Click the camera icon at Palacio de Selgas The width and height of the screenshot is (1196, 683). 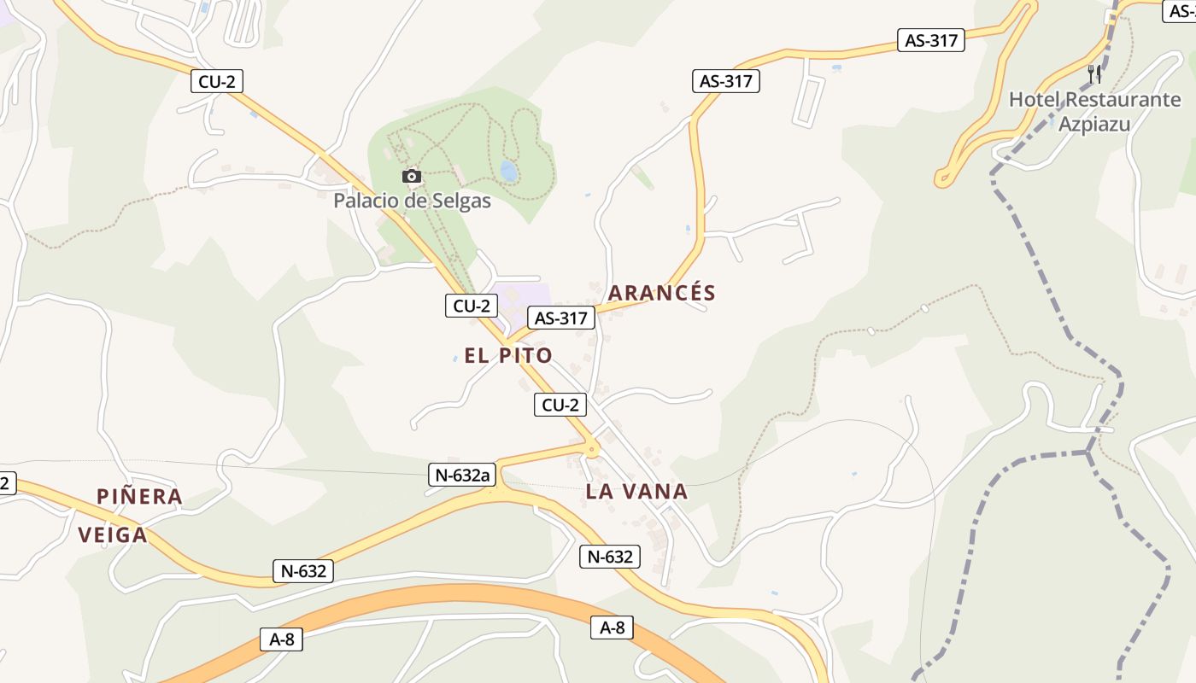tap(412, 176)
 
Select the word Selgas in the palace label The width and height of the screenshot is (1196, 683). tap(461, 201)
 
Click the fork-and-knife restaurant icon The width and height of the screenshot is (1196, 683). tap(1094, 74)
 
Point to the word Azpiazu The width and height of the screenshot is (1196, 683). tap(1094, 125)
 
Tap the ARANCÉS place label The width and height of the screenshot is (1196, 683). tap(661, 293)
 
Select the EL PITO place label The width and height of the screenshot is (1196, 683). tap(508, 355)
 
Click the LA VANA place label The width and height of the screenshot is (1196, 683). tap(636, 491)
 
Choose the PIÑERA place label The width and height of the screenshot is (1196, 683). tap(139, 496)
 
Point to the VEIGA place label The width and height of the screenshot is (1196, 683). tap(113, 535)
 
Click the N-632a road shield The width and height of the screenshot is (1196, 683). tap(461, 476)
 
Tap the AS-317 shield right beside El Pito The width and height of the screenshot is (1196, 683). tap(560, 318)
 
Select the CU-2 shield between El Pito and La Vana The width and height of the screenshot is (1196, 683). tap(560, 405)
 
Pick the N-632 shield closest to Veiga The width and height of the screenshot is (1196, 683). tap(303, 571)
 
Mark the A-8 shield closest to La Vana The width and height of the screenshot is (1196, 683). tap(613, 628)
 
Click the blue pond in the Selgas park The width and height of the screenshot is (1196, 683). tap(508, 172)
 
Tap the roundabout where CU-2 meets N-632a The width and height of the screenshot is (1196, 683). tap(590, 447)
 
